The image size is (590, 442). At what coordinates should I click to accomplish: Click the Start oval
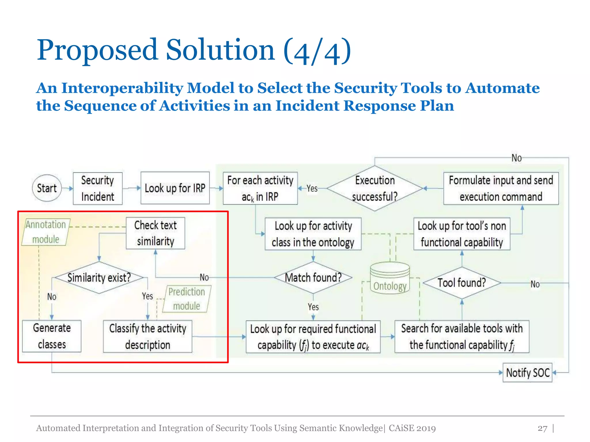click(47, 188)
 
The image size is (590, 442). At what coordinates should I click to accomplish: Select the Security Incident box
click(98, 188)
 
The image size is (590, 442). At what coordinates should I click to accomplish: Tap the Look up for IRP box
click(175, 188)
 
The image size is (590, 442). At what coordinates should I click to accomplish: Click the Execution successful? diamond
click(375, 188)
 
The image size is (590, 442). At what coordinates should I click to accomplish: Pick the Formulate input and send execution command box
click(501, 188)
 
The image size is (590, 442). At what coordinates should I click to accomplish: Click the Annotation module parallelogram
click(46, 232)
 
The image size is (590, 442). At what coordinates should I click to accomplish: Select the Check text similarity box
click(155, 233)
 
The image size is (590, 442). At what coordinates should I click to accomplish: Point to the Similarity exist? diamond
click(99, 278)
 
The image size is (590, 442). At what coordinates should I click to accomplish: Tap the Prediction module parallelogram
click(187, 299)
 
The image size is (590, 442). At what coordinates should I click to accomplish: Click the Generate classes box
click(52, 336)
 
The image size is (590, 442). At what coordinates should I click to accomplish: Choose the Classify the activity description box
click(147, 336)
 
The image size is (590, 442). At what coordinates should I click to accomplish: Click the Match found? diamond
click(313, 278)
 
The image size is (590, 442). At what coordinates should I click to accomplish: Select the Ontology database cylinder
click(390, 278)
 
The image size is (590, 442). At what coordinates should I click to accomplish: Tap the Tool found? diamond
click(462, 283)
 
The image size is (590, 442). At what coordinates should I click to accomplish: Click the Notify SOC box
click(527, 373)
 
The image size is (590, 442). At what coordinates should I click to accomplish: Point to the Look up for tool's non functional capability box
click(462, 234)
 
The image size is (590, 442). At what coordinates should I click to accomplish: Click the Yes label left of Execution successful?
click(312, 188)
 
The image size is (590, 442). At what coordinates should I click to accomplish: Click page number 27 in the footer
click(542, 428)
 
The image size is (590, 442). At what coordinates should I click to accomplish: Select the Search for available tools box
click(462, 336)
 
